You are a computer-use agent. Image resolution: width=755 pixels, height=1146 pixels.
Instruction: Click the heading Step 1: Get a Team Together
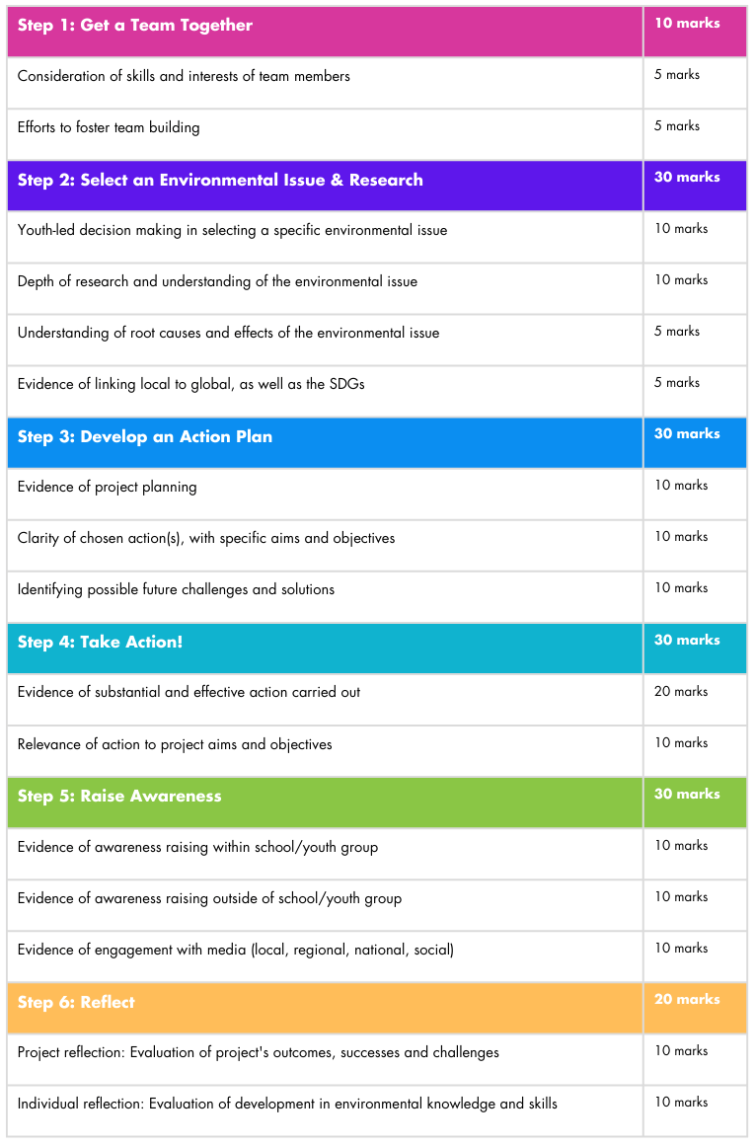click(x=135, y=26)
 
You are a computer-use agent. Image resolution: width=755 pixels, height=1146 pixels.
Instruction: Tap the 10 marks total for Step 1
click(x=687, y=24)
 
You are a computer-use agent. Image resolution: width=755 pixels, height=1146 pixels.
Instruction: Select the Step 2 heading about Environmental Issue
click(x=220, y=180)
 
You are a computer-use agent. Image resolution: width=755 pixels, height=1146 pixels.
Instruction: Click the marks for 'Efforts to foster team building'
click(x=676, y=126)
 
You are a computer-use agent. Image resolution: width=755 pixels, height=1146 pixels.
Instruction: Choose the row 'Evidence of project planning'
click(x=107, y=487)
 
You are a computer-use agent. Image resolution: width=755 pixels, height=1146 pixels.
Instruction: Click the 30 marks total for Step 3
click(x=687, y=434)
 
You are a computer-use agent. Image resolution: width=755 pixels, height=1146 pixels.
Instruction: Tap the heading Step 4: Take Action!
click(x=100, y=642)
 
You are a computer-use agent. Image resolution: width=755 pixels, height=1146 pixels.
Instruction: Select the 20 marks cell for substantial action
click(x=681, y=692)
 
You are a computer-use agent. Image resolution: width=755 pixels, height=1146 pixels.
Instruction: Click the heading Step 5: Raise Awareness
click(x=119, y=796)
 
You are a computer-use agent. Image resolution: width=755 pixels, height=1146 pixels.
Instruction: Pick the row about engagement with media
click(x=236, y=950)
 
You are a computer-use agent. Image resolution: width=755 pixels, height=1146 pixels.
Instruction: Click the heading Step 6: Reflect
click(x=76, y=1002)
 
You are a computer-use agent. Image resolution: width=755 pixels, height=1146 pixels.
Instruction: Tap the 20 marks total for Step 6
click(x=687, y=1000)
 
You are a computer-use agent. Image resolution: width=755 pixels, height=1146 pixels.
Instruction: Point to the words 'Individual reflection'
click(x=80, y=1104)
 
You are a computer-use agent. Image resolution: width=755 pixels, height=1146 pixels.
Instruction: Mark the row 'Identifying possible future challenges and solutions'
click(x=176, y=589)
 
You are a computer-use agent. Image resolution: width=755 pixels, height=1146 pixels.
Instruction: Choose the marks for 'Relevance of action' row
click(x=681, y=743)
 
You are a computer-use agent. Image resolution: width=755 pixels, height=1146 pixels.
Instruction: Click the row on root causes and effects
click(x=228, y=333)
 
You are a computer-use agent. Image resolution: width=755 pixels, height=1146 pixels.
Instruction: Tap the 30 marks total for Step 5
click(x=687, y=795)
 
